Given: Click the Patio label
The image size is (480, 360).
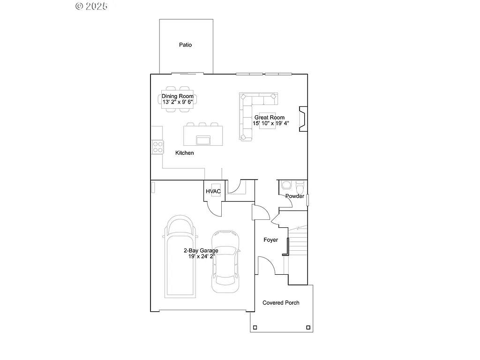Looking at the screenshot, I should [185, 45].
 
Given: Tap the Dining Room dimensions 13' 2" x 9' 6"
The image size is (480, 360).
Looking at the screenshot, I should [178, 102].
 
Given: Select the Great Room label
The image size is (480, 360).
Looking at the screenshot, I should [269, 118].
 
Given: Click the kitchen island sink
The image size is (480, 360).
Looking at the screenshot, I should [203, 140].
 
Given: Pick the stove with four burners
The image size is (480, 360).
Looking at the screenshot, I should [157, 147].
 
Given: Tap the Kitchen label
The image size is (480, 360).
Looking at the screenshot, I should [184, 153].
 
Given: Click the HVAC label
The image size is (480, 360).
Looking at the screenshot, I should [213, 191].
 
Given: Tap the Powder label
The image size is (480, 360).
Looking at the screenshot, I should [295, 196].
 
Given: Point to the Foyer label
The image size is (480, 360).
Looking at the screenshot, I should [270, 240].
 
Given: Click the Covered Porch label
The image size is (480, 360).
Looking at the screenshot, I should [281, 303].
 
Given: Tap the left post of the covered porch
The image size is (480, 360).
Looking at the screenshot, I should [255, 328].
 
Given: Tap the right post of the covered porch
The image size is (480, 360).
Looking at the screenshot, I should [308, 328].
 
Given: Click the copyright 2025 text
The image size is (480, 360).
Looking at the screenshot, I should [91, 6].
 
